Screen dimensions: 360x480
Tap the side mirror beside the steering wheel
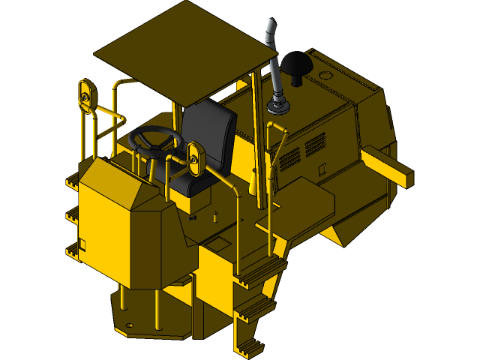[x=196, y=157]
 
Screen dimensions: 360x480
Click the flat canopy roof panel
[x=184, y=52]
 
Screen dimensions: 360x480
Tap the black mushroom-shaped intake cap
[x=298, y=63]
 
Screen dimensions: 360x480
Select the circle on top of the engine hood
[x=325, y=76]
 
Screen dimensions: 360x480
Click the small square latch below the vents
[x=322, y=169]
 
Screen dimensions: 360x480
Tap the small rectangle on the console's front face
[x=82, y=244]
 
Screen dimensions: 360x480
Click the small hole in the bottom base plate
[x=129, y=325]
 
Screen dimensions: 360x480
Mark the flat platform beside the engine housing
[x=300, y=206]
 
